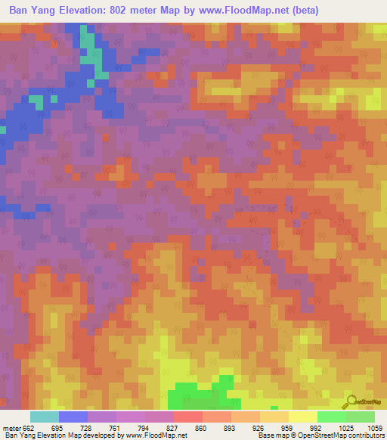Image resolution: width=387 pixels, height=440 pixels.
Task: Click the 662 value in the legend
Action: point(28,428)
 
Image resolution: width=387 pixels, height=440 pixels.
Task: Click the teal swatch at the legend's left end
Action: point(44,417)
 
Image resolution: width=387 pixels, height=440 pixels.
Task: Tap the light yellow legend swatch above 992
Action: point(302,417)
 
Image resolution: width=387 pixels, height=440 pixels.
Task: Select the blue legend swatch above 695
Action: point(73,417)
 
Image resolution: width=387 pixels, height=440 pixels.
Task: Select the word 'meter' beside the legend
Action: point(11,428)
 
